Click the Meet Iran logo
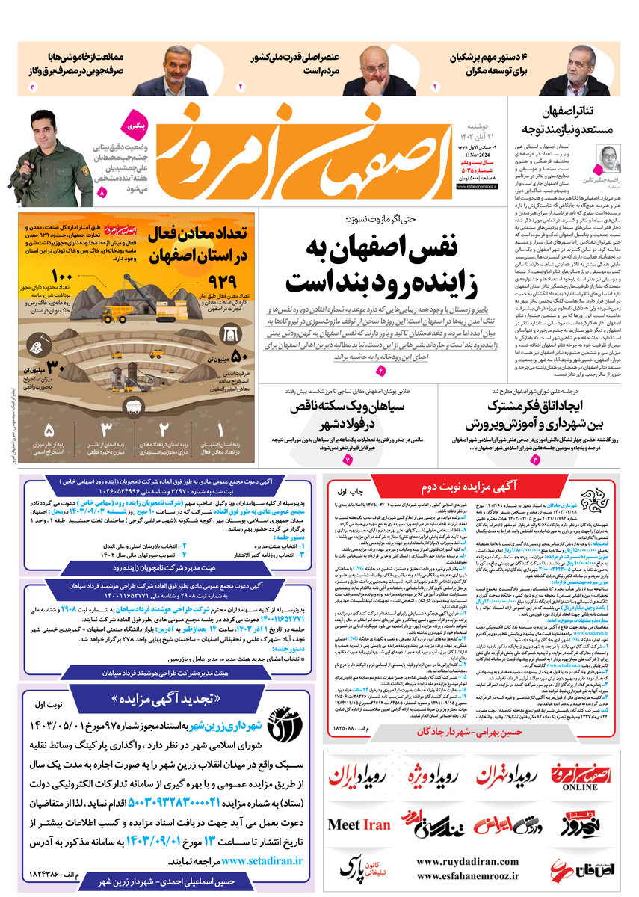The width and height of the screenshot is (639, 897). click(x=359, y=825)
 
